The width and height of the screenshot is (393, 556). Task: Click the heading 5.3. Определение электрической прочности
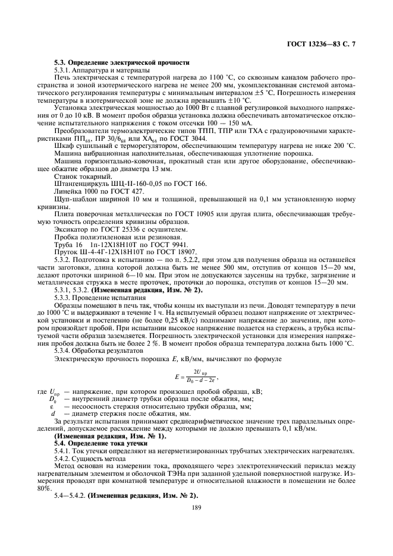tap(121, 62)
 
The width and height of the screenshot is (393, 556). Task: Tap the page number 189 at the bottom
tap(196, 508)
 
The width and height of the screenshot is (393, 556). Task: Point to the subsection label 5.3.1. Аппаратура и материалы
tap(95, 70)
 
